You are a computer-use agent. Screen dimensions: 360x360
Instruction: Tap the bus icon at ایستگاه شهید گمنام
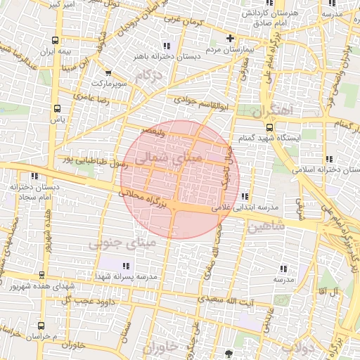(x=270, y=127)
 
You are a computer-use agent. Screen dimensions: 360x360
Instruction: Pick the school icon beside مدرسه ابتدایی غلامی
(x=244, y=196)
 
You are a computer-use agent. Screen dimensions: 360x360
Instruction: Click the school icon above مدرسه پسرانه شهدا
(x=126, y=265)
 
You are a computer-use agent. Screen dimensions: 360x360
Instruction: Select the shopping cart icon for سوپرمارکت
(x=108, y=72)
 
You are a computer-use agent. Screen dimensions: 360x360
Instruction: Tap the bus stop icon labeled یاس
(x=57, y=108)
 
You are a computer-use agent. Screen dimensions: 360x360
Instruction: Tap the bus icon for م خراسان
(x=41, y=326)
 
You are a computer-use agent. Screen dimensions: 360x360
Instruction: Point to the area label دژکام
(x=148, y=75)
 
